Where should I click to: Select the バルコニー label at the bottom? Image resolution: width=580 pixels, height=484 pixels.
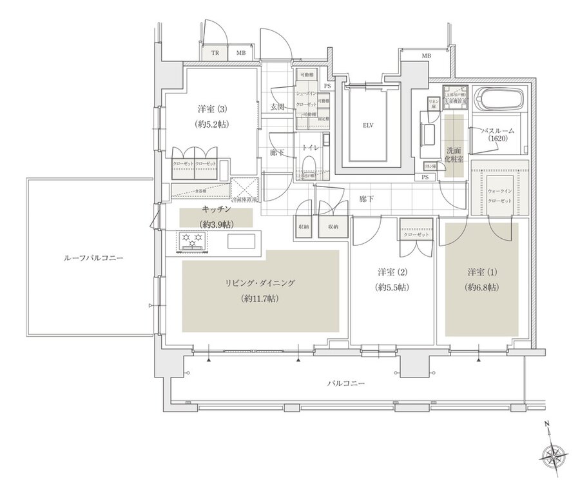(346, 383)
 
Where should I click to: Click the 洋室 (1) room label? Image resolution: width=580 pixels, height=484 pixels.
(481, 271)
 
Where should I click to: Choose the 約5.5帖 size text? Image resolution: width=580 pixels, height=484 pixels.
(393, 287)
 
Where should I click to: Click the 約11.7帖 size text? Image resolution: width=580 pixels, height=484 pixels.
(260, 299)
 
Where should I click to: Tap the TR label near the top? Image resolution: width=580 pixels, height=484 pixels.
(216, 53)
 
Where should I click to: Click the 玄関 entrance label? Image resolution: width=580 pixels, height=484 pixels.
(278, 106)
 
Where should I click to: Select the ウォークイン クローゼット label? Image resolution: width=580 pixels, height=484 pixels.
(499, 195)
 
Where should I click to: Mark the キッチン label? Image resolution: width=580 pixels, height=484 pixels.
(217, 210)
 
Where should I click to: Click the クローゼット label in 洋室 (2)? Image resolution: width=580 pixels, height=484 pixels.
(416, 234)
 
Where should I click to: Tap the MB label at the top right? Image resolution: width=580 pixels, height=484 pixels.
(426, 57)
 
